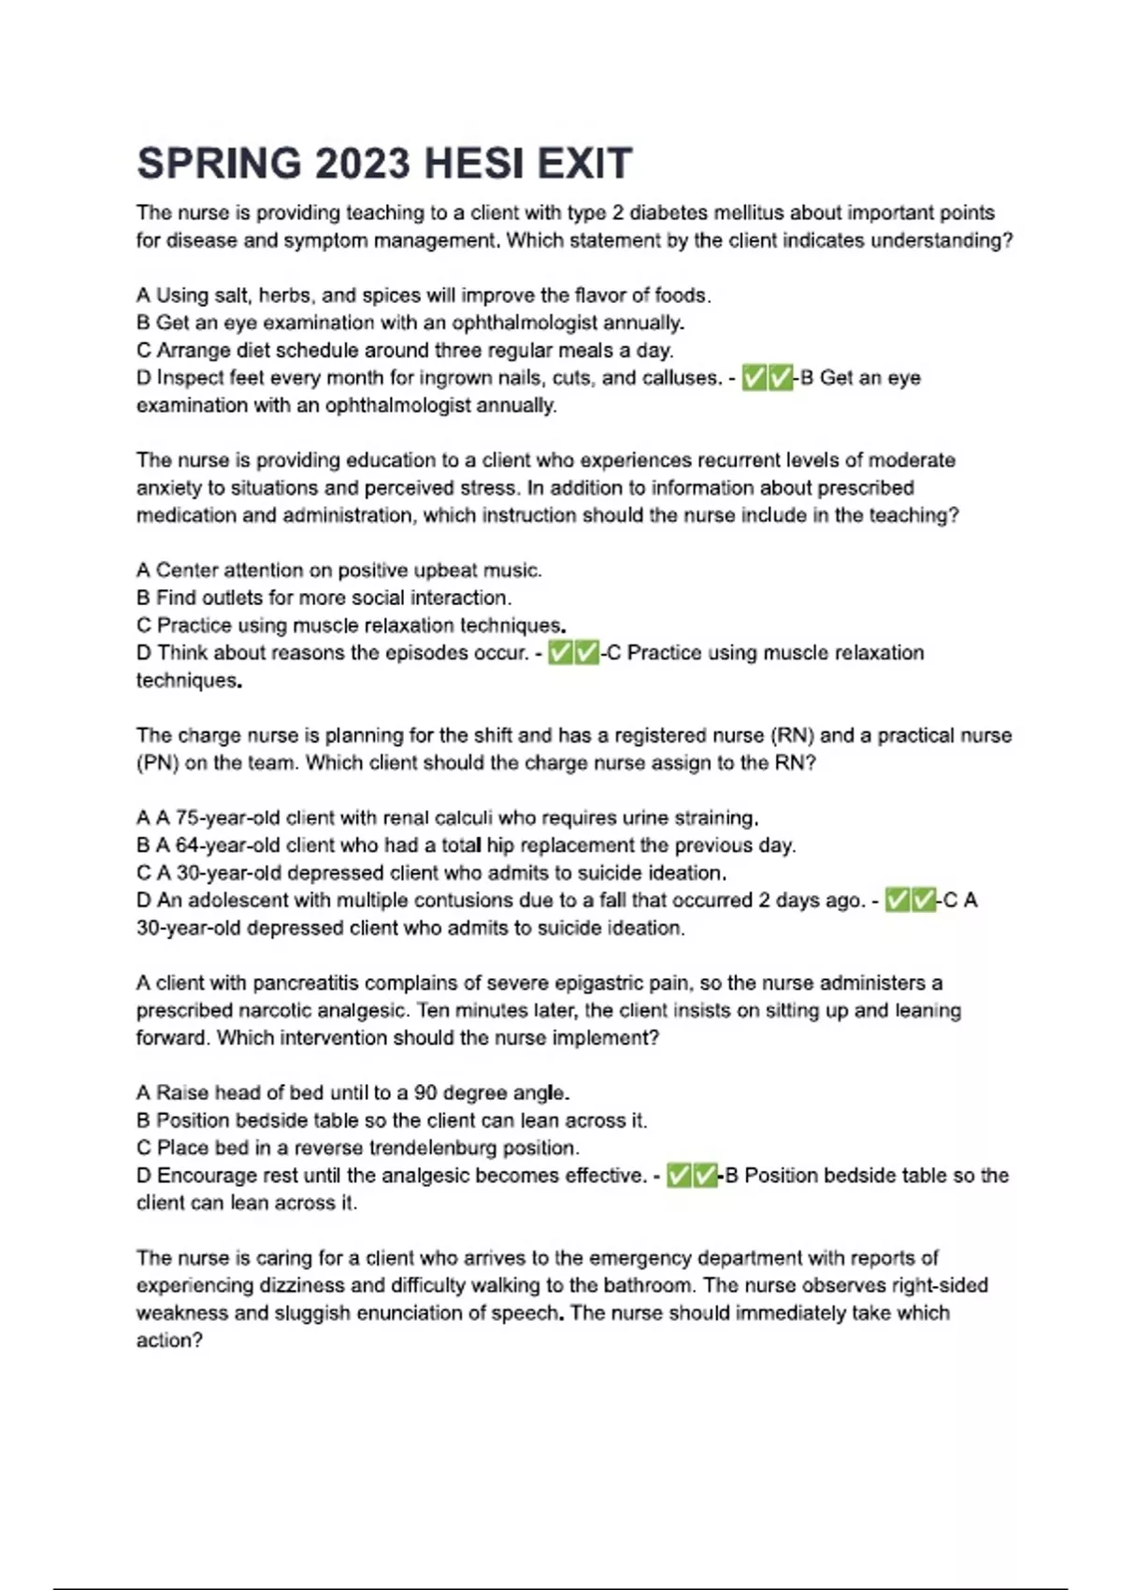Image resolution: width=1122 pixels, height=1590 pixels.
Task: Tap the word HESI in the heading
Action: pos(474,164)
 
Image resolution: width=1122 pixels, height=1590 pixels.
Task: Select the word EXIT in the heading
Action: pos(584,164)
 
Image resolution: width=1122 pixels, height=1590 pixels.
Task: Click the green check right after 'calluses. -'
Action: pos(754,378)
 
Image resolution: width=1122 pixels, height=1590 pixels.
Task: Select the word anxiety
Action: pos(169,488)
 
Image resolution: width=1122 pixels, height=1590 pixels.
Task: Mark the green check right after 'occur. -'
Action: pos(560,653)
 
